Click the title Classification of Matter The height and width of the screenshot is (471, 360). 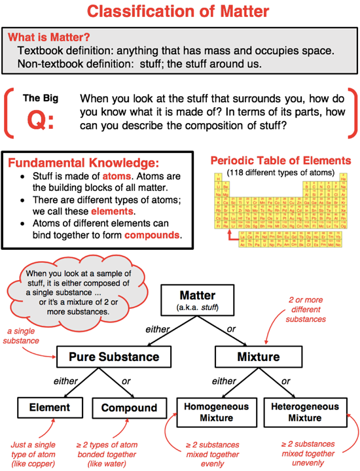coord(180,12)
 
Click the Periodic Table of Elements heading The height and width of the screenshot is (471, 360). coord(281,161)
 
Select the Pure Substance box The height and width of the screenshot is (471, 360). coord(115,357)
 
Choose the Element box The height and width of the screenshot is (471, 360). coord(49,408)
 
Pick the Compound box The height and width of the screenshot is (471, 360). coord(129,408)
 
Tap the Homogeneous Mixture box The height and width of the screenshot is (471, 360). coord(215,411)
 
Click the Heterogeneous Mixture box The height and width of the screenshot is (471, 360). coord(304,411)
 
